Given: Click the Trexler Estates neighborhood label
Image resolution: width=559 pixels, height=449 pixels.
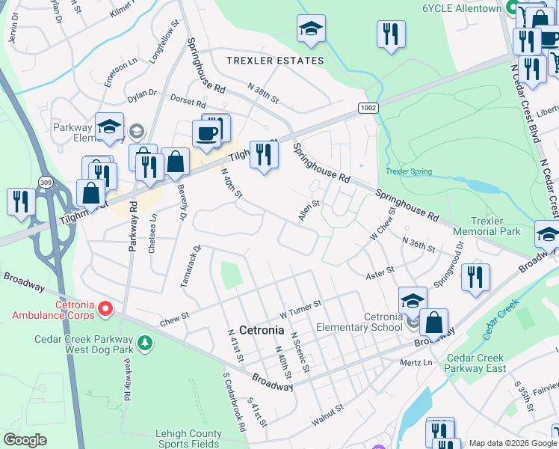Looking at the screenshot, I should click(276, 61).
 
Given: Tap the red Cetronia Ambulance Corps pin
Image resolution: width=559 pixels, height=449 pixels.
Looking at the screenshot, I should click(105, 308).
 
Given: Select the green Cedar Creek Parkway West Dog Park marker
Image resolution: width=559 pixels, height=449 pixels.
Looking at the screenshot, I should click(146, 343).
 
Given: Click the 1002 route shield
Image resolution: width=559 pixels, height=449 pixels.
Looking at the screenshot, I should click(366, 108).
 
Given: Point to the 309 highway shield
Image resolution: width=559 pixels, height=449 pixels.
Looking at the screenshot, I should click(46, 183).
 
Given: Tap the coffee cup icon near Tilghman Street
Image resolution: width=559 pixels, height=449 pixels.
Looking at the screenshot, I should click(207, 134).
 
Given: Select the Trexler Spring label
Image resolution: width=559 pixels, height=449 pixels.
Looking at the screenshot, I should click(408, 171).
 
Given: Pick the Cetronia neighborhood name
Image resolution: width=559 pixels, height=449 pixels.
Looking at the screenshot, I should click(261, 330).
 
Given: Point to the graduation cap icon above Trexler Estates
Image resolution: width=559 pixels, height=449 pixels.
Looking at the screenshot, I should click(311, 29).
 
